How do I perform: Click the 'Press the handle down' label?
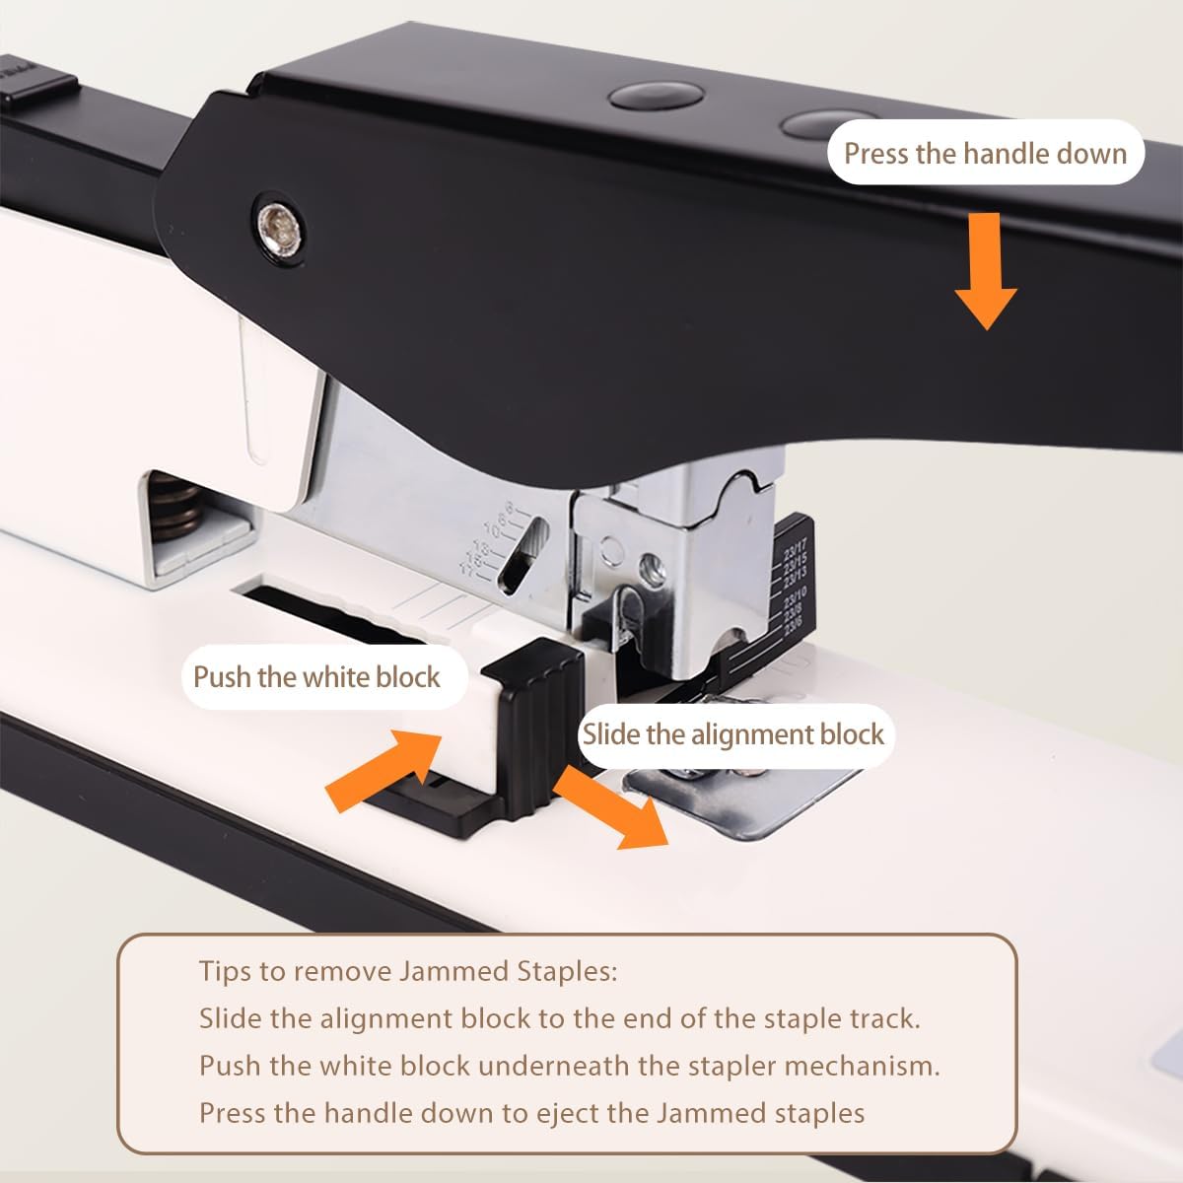tap(985, 153)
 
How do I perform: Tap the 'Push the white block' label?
tap(316, 677)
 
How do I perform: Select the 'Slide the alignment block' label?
tap(733, 734)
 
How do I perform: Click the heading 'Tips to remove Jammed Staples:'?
tap(408, 971)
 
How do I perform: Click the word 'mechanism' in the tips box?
tap(858, 1066)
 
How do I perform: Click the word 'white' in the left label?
tap(337, 677)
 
